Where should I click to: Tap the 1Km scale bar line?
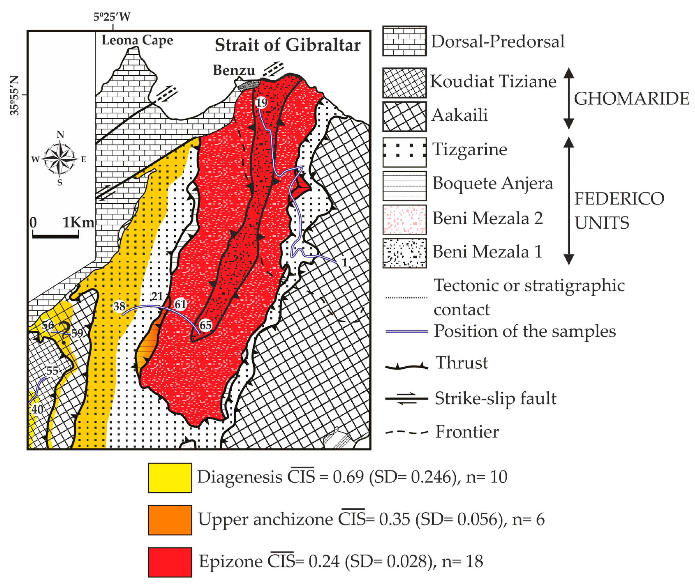point(56,236)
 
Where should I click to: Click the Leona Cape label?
point(137,40)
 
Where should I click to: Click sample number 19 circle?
point(261,102)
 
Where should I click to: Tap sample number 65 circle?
point(205,325)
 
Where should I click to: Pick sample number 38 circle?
point(119,306)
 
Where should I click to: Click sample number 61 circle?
point(180,304)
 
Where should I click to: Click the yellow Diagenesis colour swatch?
point(170,477)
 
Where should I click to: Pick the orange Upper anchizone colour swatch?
point(170,520)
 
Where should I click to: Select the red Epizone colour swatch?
point(170,562)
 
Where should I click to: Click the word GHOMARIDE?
point(631,99)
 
